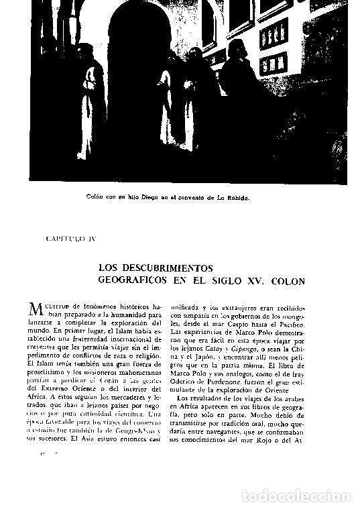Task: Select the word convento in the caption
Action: [208, 198]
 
